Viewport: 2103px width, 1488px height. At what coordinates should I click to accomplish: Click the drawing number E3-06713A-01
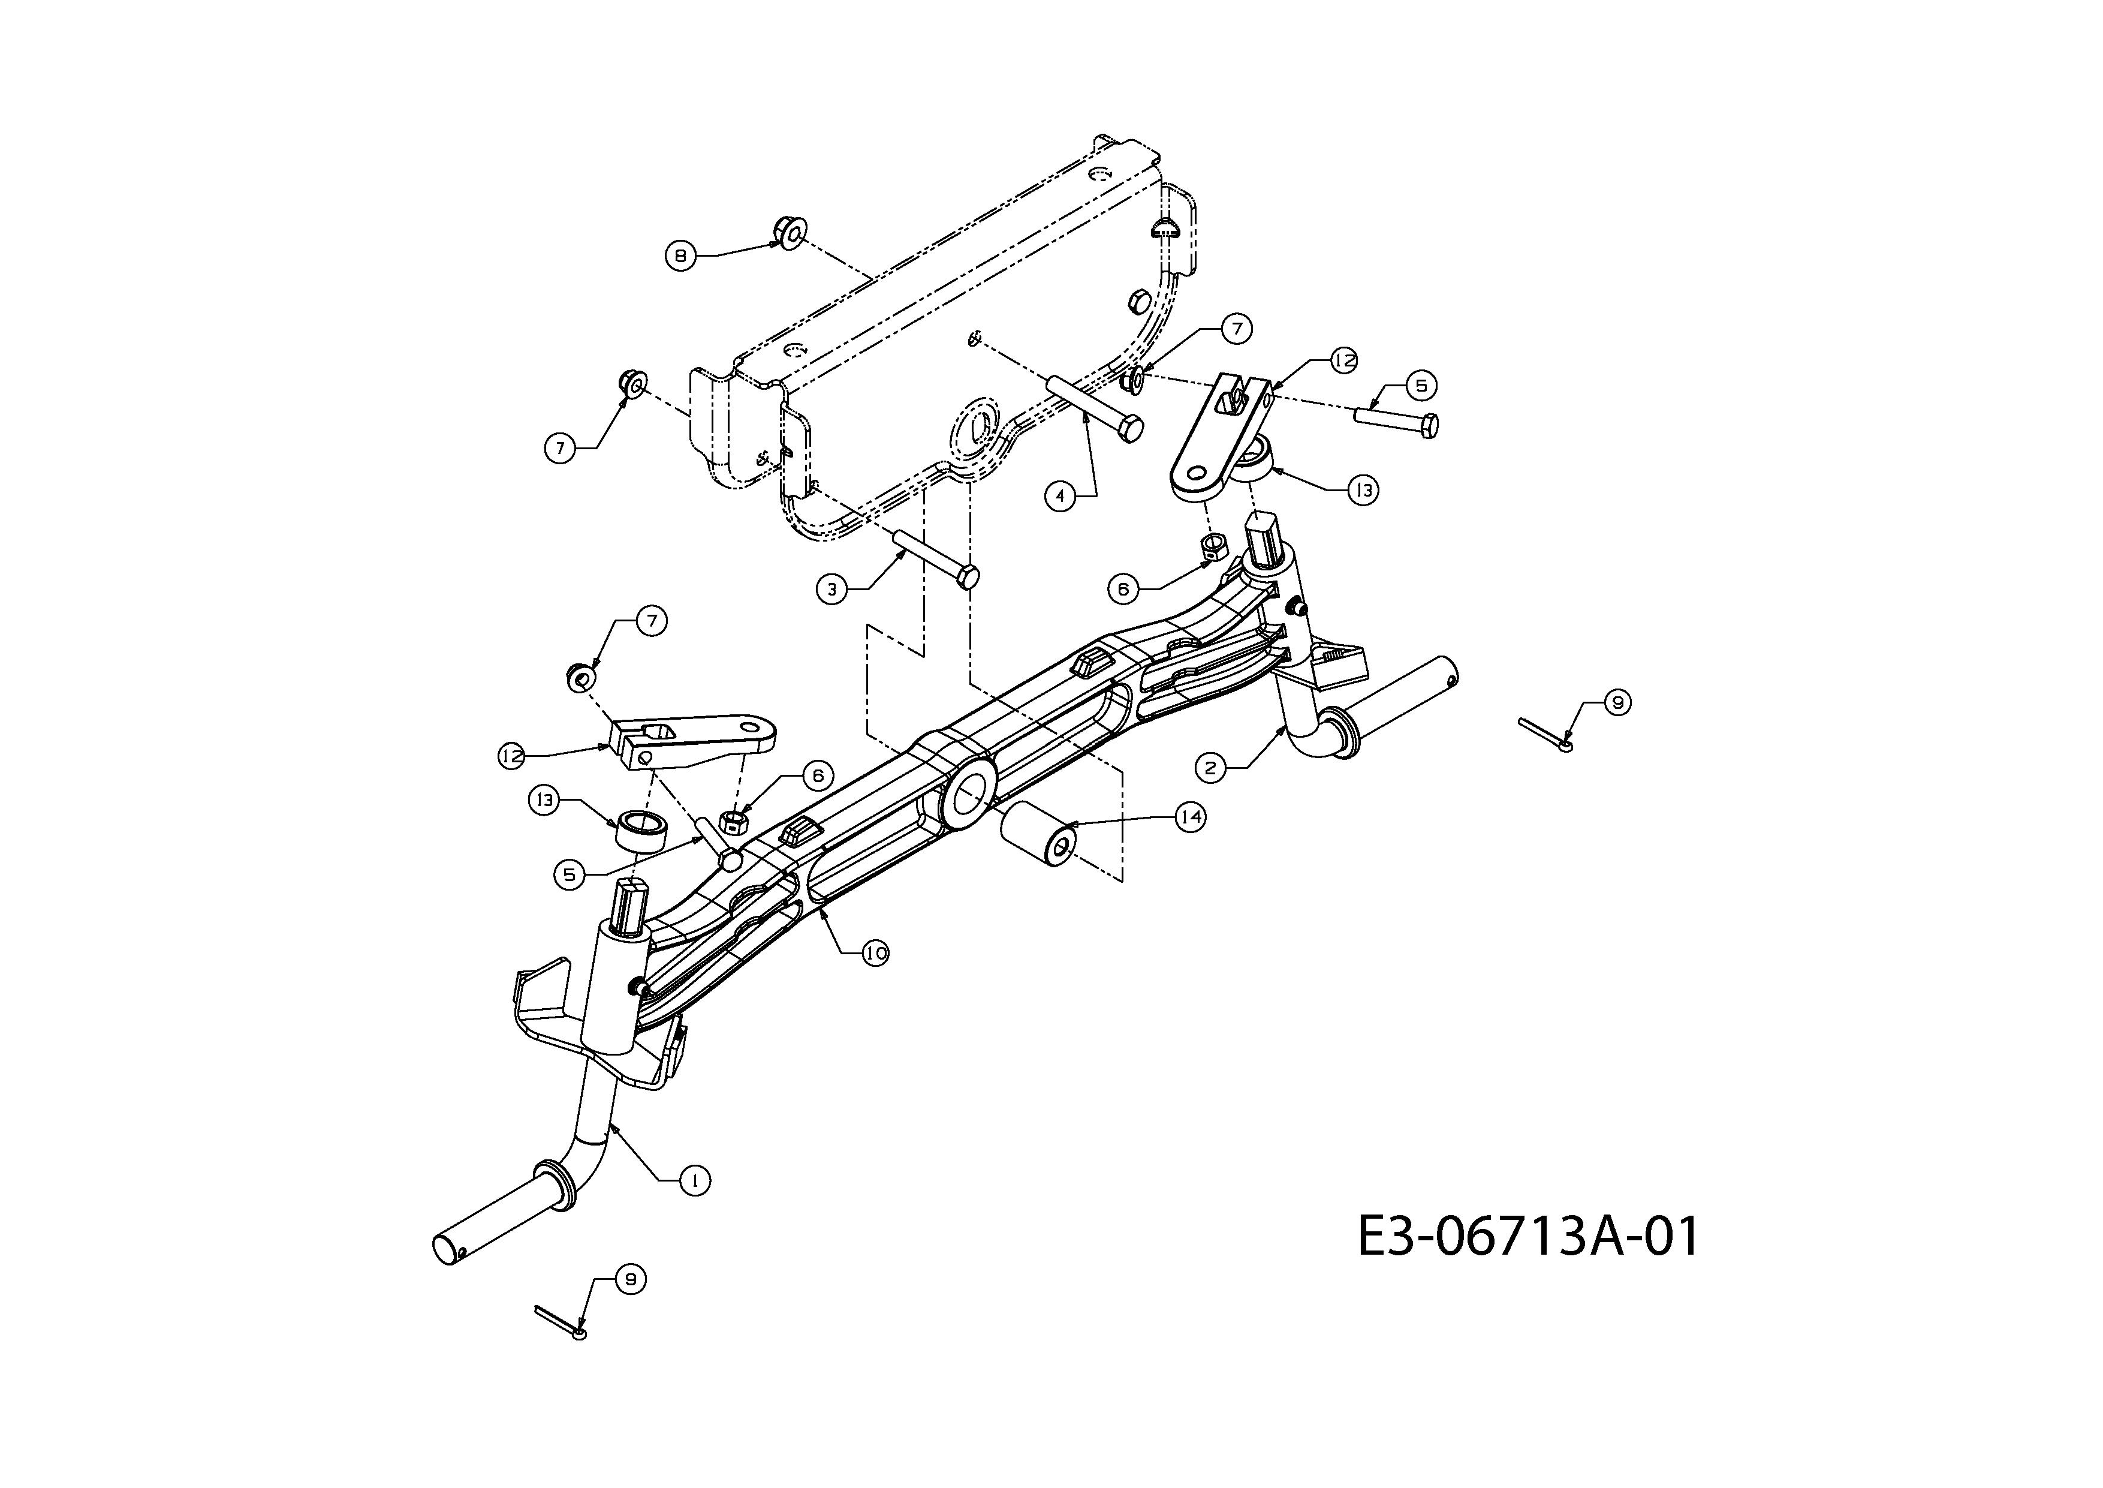click(x=1527, y=1236)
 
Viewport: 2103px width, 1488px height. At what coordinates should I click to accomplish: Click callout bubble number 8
click(x=680, y=255)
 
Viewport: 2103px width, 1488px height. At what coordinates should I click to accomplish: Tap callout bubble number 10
click(x=876, y=954)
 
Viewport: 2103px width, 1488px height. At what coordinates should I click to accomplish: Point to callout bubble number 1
click(x=695, y=1181)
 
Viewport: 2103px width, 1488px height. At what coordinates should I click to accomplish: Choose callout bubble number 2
click(x=1211, y=767)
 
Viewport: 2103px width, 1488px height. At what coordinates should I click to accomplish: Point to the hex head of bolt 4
click(x=1131, y=427)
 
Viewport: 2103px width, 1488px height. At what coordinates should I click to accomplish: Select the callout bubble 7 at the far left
click(x=560, y=448)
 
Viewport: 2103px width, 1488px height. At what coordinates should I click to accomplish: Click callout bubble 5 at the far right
click(x=1421, y=386)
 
